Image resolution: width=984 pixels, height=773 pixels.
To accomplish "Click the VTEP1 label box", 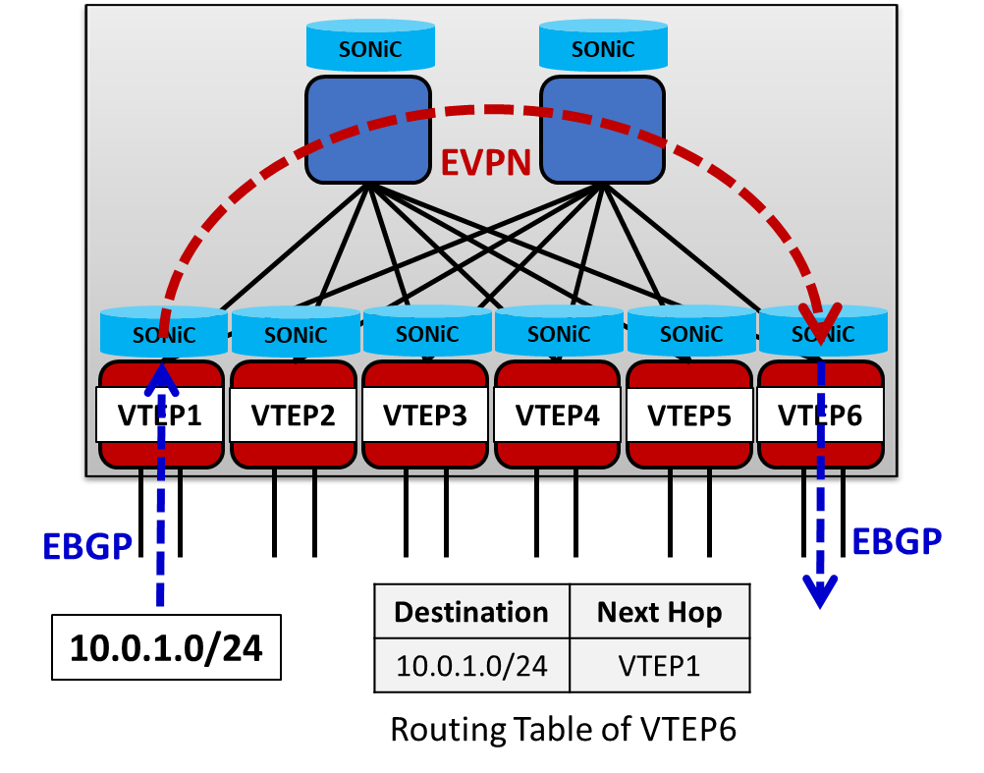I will coord(160,414).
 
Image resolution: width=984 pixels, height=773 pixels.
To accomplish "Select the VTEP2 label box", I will coord(293,414).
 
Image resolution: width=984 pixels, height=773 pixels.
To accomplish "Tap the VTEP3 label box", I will coord(424,414).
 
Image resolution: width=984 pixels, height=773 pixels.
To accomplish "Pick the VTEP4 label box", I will coord(557,414).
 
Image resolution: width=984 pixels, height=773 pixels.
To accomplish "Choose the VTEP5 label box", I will coord(689,414).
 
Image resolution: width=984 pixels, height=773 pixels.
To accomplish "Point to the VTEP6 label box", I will coord(820,414).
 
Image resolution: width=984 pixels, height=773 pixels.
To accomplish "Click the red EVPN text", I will coord(485,162).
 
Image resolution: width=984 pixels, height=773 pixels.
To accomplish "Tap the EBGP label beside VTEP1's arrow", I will coord(87,546).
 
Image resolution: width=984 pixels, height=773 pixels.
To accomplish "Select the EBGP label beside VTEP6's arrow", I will coord(896,541).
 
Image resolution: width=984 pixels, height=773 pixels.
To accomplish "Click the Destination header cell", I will coord(471,612).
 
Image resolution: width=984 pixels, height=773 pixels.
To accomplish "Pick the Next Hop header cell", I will coord(659,612).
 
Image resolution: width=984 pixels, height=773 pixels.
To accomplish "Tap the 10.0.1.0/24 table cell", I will coord(471,665).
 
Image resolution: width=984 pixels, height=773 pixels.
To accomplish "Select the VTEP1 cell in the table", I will coord(659,665).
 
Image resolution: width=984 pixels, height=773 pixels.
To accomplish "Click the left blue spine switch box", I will coord(368,130).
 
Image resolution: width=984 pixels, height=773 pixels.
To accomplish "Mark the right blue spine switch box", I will coord(602,130).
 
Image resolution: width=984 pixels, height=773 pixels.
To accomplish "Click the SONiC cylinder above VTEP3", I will coord(427,332).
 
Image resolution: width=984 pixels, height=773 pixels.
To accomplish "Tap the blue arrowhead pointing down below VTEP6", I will coord(820,592).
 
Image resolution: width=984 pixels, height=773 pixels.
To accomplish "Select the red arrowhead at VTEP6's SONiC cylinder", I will coord(819,318).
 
